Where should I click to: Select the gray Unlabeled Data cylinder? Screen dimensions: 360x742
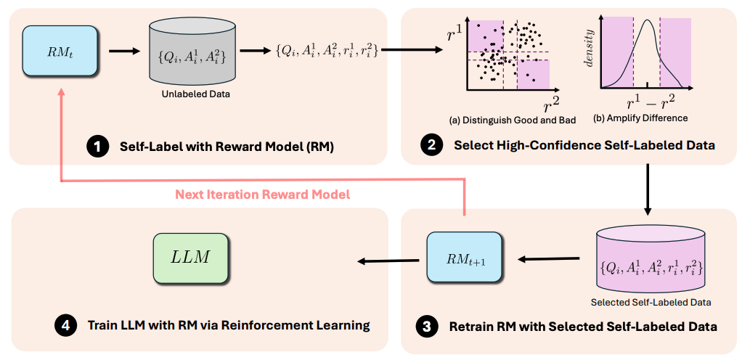(x=188, y=55)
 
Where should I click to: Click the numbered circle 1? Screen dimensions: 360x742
(x=96, y=147)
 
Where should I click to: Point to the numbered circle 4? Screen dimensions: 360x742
(x=64, y=325)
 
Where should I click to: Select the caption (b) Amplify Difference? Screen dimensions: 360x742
(x=640, y=118)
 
